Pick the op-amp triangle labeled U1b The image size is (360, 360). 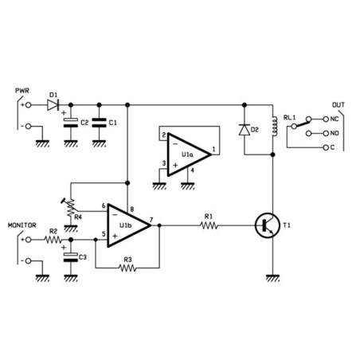[127, 225]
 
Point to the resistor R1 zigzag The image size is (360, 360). [209, 225]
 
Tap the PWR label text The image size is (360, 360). [22, 92]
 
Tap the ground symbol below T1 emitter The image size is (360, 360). [272, 276]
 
